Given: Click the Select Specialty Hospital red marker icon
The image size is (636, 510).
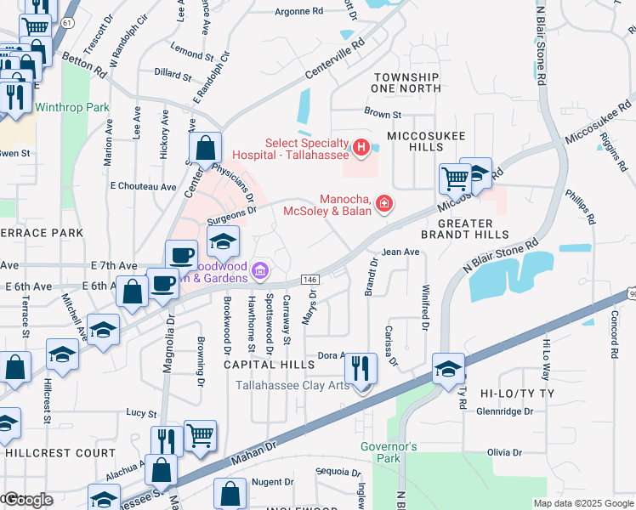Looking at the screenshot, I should coord(361,149).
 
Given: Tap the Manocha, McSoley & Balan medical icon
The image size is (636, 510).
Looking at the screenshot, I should coord(384,202).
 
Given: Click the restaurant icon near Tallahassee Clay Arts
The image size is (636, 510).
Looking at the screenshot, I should coord(361,369).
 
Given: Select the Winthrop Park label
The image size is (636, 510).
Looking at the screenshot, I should coord(72,108).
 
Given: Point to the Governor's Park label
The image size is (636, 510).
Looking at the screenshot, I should coord(388,452).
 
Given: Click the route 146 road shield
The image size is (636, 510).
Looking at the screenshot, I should coord(310,279).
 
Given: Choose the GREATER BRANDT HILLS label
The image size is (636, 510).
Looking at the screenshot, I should coord(465,225).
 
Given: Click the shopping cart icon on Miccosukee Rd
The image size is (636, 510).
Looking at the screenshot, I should coord(455,180).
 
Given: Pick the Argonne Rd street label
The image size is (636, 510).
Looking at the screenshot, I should coord(299,12).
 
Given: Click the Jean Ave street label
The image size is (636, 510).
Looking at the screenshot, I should coord(400,252).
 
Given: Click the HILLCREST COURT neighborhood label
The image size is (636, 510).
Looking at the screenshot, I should coord(60,453).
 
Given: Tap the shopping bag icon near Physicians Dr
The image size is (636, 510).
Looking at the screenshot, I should coord(205,149).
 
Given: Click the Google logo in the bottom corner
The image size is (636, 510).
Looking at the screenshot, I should coord(28,499).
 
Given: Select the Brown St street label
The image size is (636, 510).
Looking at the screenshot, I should coord(383,114).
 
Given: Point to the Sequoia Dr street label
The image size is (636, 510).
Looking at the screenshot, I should coord(332,471).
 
